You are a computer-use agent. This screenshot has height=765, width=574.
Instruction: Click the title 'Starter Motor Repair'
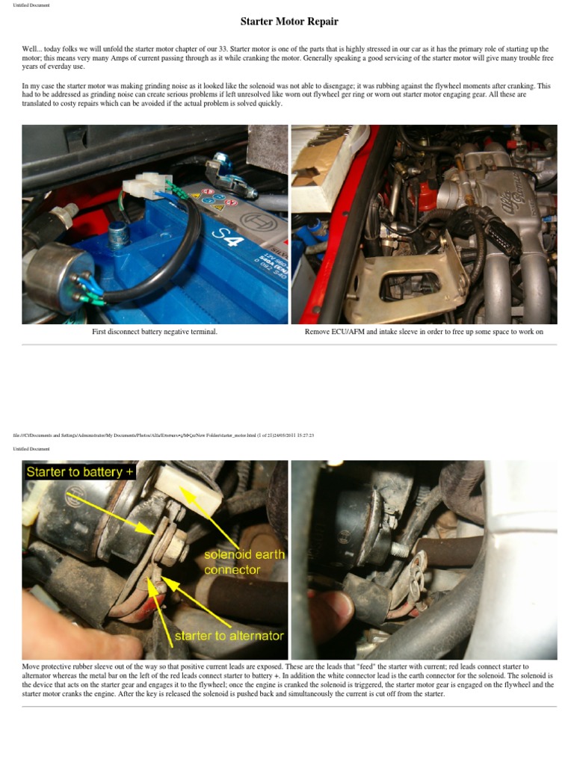click(x=289, y=22)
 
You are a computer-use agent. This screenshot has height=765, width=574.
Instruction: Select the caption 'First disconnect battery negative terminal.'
click(x=155, y=332)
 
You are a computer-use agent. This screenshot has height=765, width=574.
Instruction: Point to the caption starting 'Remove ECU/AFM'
click(x=424, y=332)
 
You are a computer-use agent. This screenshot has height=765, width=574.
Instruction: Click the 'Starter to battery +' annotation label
click(x=80, y=471)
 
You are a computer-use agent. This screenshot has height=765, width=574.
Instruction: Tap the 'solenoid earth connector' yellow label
click(x=243, y=563)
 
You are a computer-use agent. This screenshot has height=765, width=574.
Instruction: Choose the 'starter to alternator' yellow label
click(x=229, y=637)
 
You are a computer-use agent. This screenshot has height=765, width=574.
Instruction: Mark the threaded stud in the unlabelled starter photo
click(x=400, y=548)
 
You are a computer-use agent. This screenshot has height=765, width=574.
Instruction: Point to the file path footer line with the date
click(x=163, y=436)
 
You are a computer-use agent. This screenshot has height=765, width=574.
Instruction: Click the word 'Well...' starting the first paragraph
click(x=31, y=49)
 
